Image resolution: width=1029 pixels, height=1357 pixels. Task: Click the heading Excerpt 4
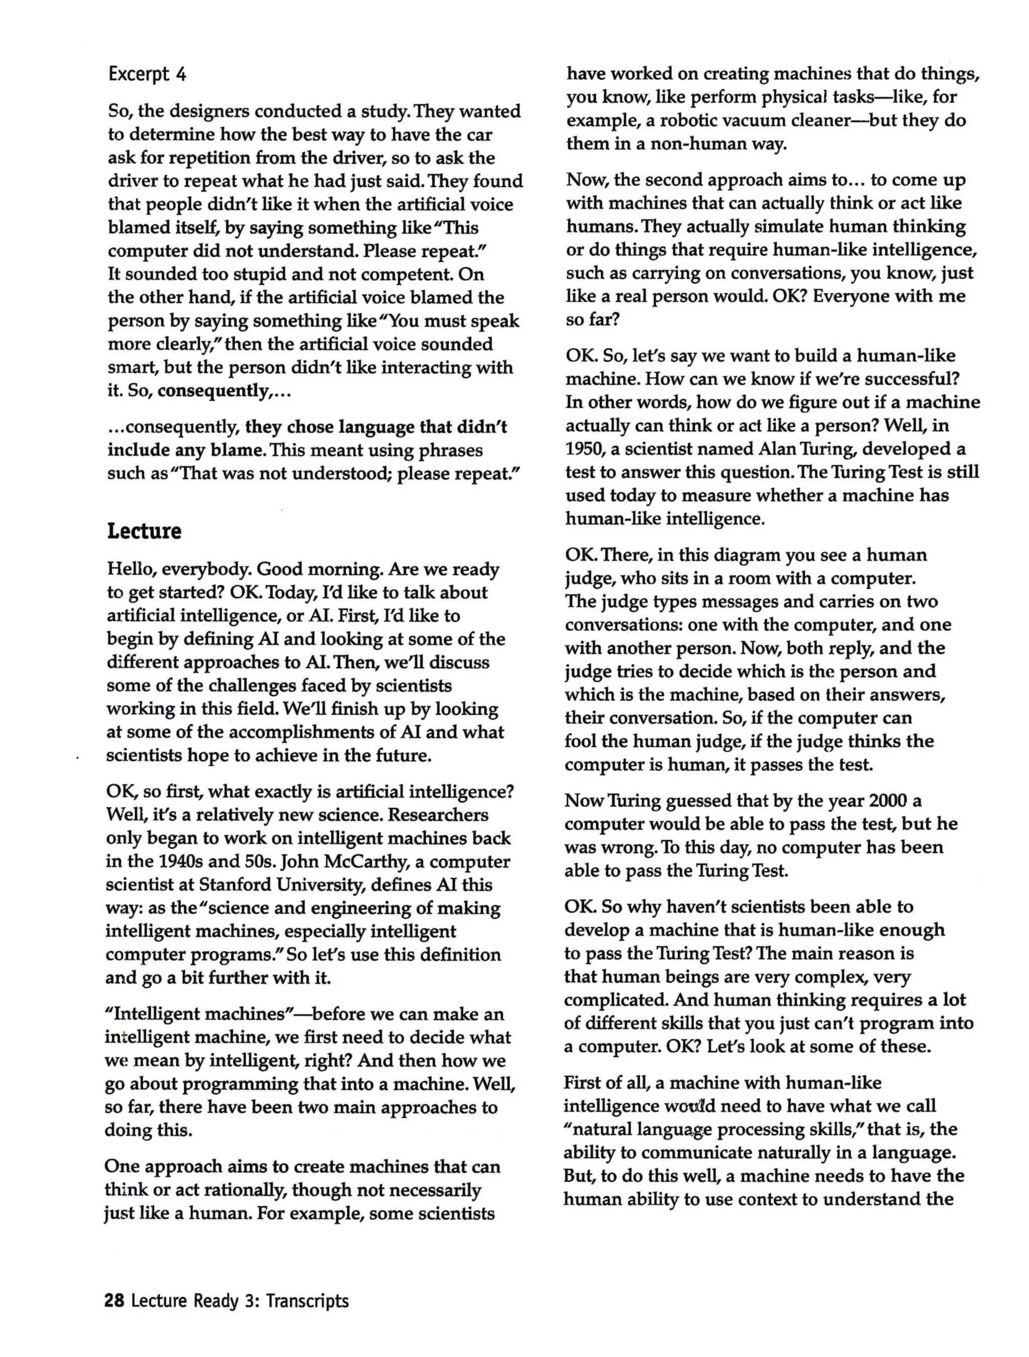click(x=147, y=74)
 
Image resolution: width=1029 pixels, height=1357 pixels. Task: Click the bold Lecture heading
click(x=144, y=531)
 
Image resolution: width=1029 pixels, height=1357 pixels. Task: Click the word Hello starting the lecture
click(x=131, y=570)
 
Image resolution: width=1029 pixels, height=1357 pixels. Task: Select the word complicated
click(x=615, y=1000)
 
